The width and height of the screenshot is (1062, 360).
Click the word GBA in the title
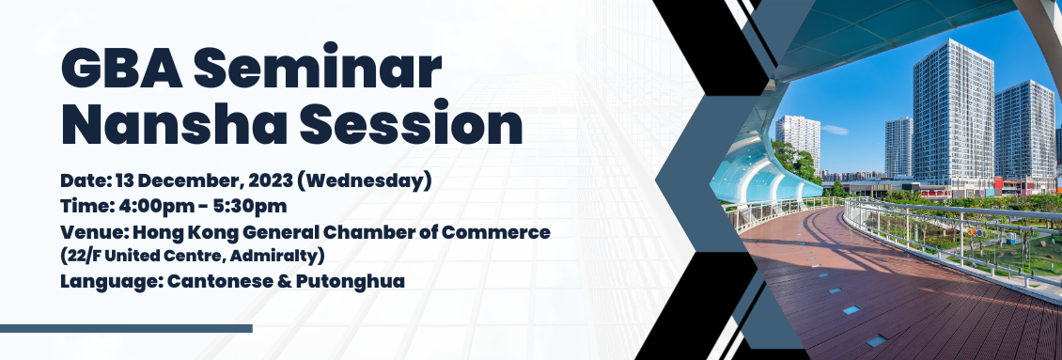121,70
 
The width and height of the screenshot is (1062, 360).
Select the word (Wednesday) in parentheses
364,181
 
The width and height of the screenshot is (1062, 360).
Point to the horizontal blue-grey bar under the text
126,329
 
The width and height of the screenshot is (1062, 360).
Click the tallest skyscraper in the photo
953,112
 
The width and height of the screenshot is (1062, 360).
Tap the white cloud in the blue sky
835,130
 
